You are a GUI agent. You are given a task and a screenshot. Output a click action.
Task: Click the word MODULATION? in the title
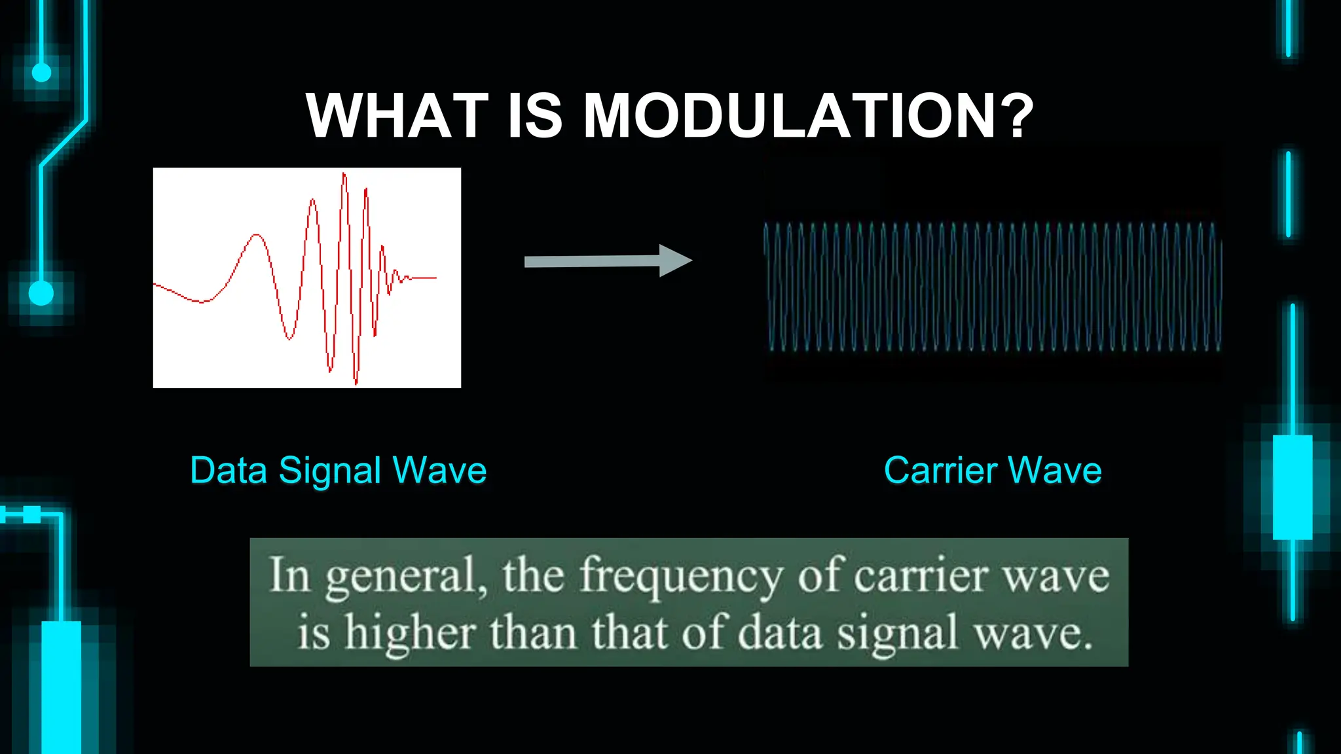coord(809,116)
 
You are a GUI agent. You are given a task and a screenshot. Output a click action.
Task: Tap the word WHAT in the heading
coord(397,116)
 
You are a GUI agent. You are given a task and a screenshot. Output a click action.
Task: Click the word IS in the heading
coord(535,116)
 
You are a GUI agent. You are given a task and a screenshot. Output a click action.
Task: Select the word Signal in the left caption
coord(330,471)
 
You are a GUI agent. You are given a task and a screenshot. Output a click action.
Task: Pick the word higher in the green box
coord(410,634)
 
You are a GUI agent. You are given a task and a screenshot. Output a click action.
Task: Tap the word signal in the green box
coord(898,634)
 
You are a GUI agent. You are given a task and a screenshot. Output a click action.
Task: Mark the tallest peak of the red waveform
coord(344,174)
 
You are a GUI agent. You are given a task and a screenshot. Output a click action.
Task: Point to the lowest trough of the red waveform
coord(356,382)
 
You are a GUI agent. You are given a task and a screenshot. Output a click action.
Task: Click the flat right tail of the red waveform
coord(424,278)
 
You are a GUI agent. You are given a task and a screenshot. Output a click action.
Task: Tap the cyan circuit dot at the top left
coord(41,72)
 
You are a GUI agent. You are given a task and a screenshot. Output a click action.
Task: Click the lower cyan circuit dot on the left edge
coord(41,293)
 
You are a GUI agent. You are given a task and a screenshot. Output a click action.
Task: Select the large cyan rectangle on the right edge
coord(1292,487)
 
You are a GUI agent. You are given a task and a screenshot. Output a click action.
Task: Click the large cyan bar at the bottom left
coord(61,687)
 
